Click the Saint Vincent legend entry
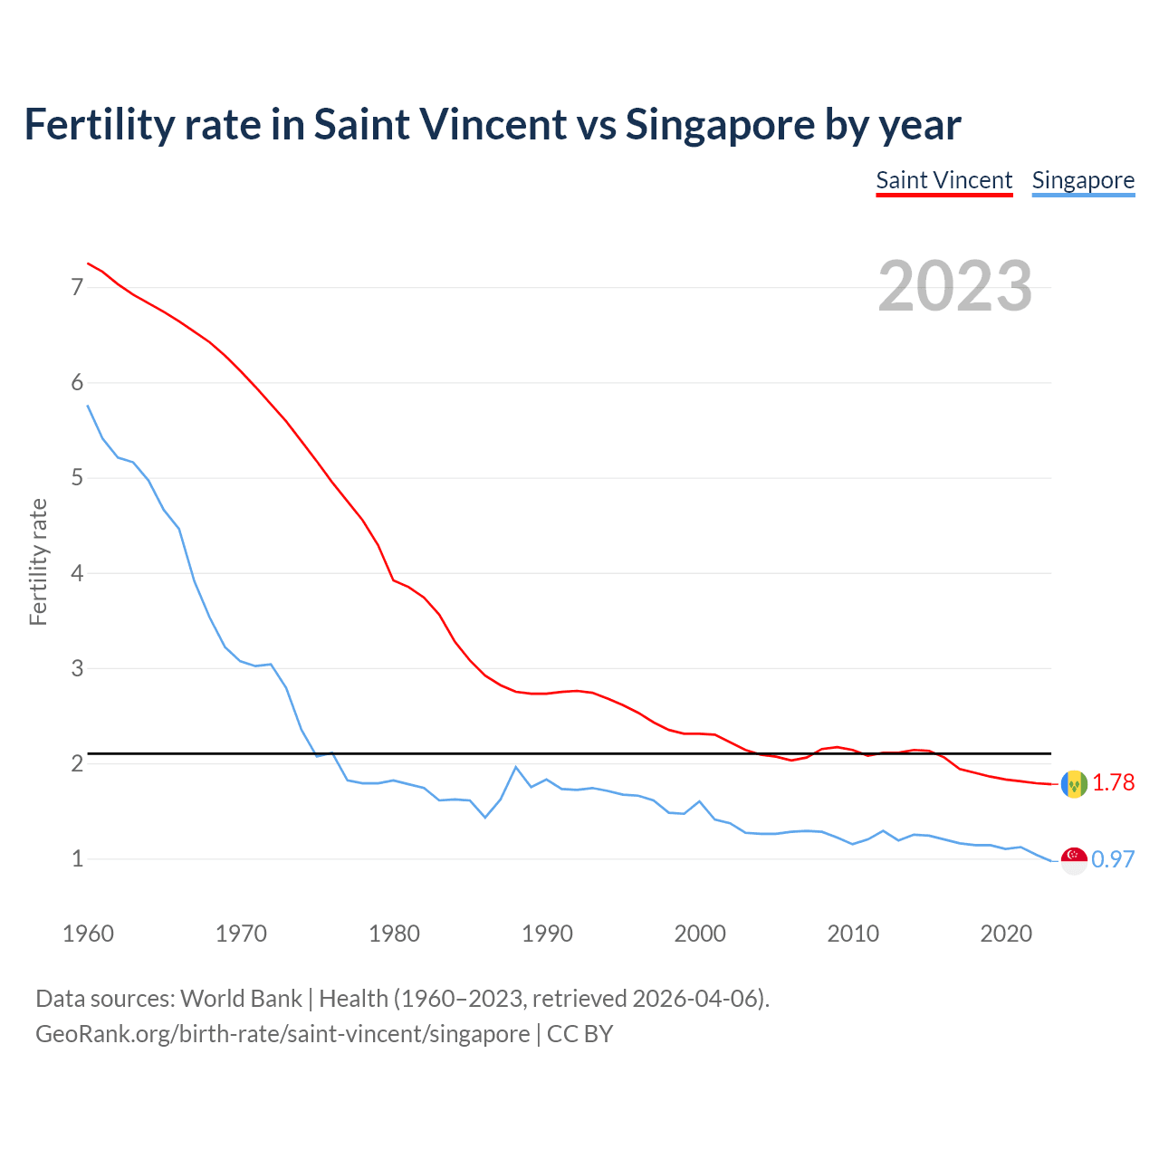tap(943, 180)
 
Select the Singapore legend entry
tap(1083, 180)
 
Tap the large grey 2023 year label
tap(954, 286)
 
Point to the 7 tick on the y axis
tap(77, 287)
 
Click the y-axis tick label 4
tap(77, 573)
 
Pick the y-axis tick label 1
tap(77, 858)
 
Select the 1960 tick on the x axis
tap(88, 934)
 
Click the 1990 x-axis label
tap(547, 934)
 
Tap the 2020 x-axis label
tap(1006, 934)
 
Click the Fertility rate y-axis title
tap(38, 561)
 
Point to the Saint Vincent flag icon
tap(1074, 783)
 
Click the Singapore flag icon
tap(1074, 860)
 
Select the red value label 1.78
tap(1113, 782)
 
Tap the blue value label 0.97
tap(1113, 859)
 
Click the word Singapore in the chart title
tap(720, 124)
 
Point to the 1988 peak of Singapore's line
tap(516, 767)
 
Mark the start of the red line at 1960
tap(88, 263)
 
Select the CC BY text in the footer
tap(579, 1034)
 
